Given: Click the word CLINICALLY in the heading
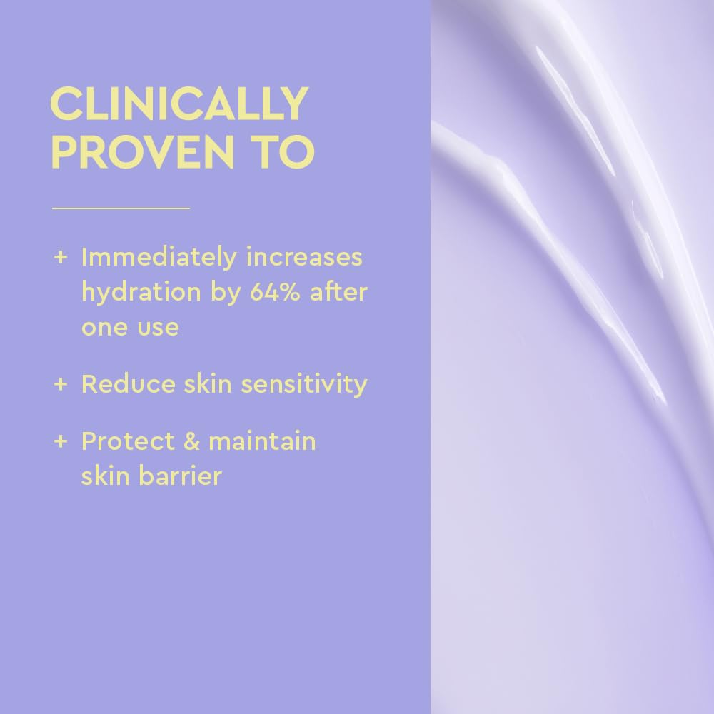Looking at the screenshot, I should coord(178,105).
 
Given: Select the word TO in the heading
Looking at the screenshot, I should coord(290,151).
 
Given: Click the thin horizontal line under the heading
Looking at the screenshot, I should coord(121,208).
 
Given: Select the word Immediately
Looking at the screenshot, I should coord(158,258).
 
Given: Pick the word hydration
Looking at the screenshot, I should coord(140,293).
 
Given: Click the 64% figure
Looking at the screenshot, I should coord(276,292).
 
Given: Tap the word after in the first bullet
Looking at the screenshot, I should coord(338,292).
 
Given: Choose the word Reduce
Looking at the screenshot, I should coord(126,384).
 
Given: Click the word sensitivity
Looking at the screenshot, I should coord(304,385).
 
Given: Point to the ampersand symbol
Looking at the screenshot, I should coord(191,441).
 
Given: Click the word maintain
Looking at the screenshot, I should coord(262,441).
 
